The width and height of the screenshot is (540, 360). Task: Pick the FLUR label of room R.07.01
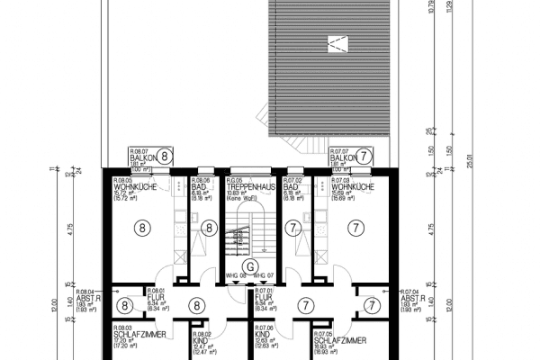tap(264, 298)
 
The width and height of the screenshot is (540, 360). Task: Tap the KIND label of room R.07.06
tap(262, 335)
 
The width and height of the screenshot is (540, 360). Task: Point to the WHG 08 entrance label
tap(237, 274)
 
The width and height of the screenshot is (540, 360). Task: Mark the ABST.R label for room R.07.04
tap(410, 298)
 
